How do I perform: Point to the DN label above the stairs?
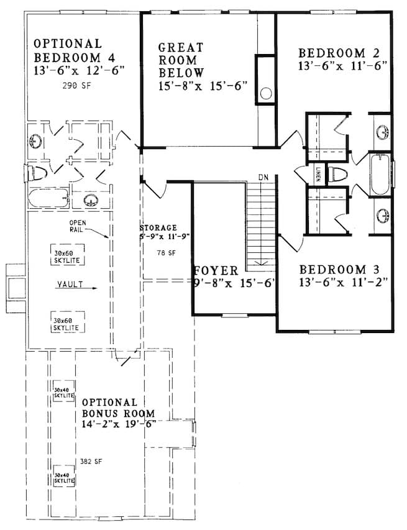click(263, 178)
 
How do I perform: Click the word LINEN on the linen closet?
click(318, 173)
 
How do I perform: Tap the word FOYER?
click(215, 271)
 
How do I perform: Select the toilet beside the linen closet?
click(338, 174)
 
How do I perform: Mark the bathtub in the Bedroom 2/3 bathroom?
click(379, 175)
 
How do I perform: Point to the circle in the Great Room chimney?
click(266, 94)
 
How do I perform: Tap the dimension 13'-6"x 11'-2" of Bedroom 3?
click(343, 283)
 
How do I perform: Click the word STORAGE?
click(159, 227)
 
